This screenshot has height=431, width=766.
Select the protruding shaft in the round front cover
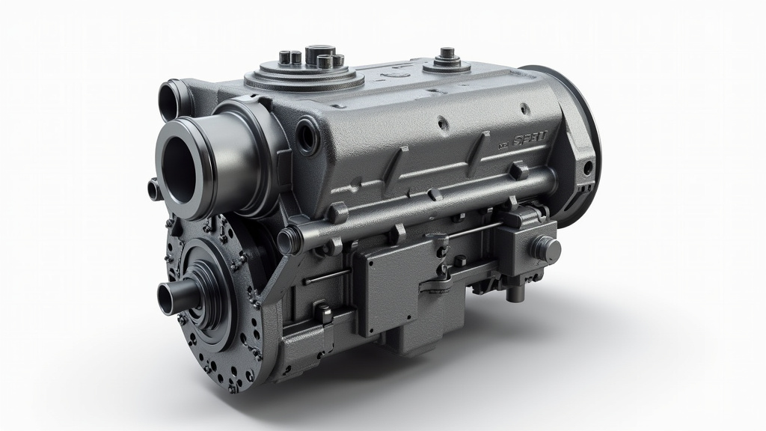171,299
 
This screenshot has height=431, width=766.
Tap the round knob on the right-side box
547,247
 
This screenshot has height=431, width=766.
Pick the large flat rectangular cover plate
396,288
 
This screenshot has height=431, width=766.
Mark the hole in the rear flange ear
587,167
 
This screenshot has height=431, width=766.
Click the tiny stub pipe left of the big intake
155,190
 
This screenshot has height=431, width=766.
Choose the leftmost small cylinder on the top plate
287,58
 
